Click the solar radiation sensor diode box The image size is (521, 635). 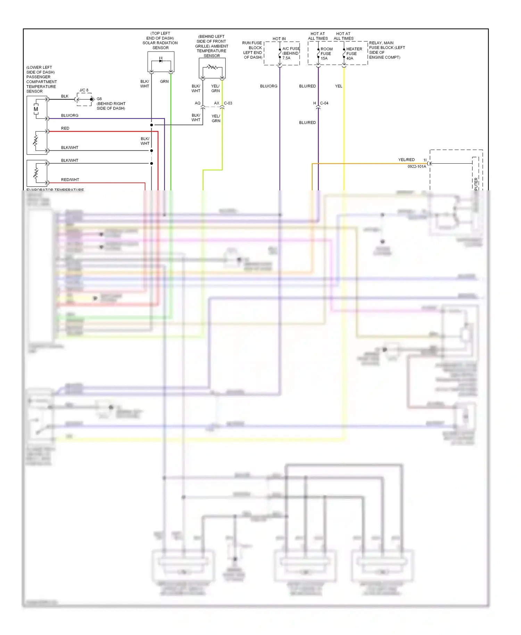click(x=161, y=61)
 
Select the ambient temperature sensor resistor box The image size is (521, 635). click(x=212, y=68)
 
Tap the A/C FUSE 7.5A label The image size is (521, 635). click(x=291, y=53)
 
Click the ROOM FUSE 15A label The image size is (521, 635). click(x=326, y=53)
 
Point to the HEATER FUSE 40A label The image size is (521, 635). click(x=354, y=53)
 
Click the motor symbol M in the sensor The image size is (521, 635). click(x=36, y=109)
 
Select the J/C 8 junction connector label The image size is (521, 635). click(x=84, y=90)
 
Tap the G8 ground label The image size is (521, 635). click(x=99, y=99)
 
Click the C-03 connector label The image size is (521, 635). click(x=228, y=103)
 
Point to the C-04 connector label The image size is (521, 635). click(x=324, y=103)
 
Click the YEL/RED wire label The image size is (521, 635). click(x=406, y=160)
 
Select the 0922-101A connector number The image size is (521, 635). click(x=416, y=167)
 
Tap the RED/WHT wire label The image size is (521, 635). click(x=70, y=180)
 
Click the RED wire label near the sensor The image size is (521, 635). click(x=65, y=128)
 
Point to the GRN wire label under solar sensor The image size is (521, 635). click(x=164, y=81)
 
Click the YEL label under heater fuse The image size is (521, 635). click(x=338, y=86)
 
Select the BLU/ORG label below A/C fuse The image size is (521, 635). click(x=268, y=86)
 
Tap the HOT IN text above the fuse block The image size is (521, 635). click(x=279, y=39)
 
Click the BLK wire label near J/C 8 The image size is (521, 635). click(x=65, y=96)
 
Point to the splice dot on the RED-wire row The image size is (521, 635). click(x=151, y=125)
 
